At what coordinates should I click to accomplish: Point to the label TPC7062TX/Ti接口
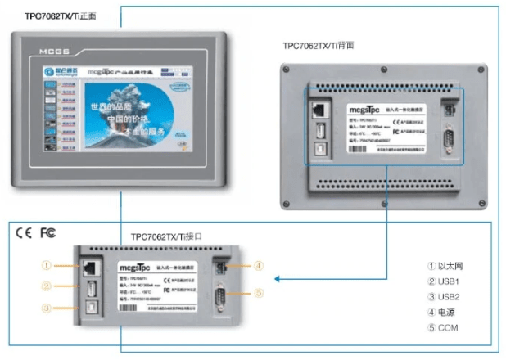pyautogui.click(x=166, y=236)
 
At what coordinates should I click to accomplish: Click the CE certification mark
pyautogui.click(x=24, y=232)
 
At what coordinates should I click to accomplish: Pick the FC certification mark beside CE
pyautogui.click(x=48, y=232)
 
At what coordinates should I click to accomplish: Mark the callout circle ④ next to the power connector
pyautogui.click(x=257, y=265)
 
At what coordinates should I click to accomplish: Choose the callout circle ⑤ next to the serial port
pyautogui.click(x=257, y=293)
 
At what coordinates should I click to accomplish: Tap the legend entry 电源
pyautogui.click(x=447, y=313)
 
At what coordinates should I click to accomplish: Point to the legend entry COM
pyautogui.click(x=447, y=328)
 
